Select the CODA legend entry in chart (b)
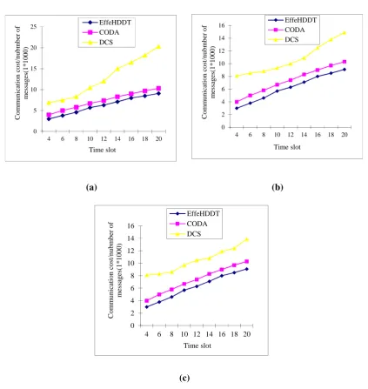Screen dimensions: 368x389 pyautogui.click(x=286, y=30)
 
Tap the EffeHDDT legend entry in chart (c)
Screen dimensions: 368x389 pyautogui.click(x=195, y=213)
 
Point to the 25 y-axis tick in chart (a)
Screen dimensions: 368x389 pyautogui.click(x=34, y=27)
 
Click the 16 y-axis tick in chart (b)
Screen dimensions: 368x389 pyautogui.click(x=222, y=25)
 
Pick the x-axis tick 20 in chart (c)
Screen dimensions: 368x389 pyautogui.click(x=247, y=334)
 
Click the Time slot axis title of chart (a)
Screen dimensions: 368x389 pyautogui.click(x=103, y=150)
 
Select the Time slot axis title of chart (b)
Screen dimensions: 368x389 pyautogui.click(x=287, y=147)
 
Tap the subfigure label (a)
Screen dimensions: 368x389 pyautogui.click(x=91, y=187)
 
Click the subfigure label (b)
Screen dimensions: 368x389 pyautogui.click(x=278, y=187)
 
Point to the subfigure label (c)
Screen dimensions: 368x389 pyautogui.click(x=184, y=378)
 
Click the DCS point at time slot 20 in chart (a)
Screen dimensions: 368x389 pyautogui.click(x=158, y=47)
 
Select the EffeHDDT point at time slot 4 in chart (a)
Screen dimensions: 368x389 pyautogui.click(x=49, y=119)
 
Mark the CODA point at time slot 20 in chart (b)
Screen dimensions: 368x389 pyautogui.click(x=345, y=62)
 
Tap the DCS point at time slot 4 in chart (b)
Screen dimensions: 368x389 pyautogui.click(x=237, y=76)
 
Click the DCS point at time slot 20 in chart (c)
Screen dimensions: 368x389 pyautogui.click(x=247, y=239)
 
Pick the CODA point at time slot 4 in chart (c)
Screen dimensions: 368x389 pyautogui.click(x=147, y=301)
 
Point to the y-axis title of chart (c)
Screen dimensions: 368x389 pyautogui.click(x=115, y=271)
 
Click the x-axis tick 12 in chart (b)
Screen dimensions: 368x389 pyautogui.click(x=291, y=135)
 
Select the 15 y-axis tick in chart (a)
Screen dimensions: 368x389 pyautogui.click(x=34, y=69)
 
